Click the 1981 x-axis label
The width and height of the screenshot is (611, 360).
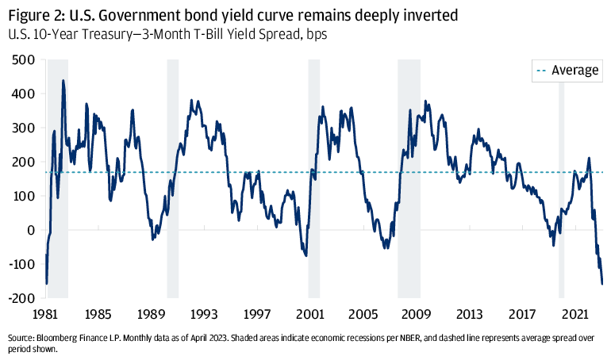tap(47, 313)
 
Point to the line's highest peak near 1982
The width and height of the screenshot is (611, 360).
tap(63, 80)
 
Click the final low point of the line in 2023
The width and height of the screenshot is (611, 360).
tap(601, 283)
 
